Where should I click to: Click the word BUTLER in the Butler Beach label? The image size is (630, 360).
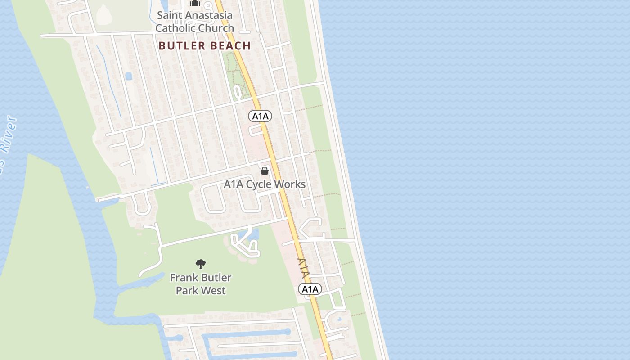[x=181, y=46]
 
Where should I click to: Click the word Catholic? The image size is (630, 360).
[x=175, y=28]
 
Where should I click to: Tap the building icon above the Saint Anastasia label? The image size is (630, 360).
[x=194, y=4]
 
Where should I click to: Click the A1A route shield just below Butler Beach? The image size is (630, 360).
[x=260, y=117]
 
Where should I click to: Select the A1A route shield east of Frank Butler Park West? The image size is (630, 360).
[x=310, y=289]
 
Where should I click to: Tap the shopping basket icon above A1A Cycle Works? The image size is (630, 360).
[x=265, y=171]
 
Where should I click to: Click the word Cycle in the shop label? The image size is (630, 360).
[x=260, y=184]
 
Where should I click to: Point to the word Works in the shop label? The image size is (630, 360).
[x=291, y=184]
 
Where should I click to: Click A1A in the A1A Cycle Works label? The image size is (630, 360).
[x=234, y=184]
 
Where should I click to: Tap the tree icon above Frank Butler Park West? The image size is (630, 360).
[x=201, y=264]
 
